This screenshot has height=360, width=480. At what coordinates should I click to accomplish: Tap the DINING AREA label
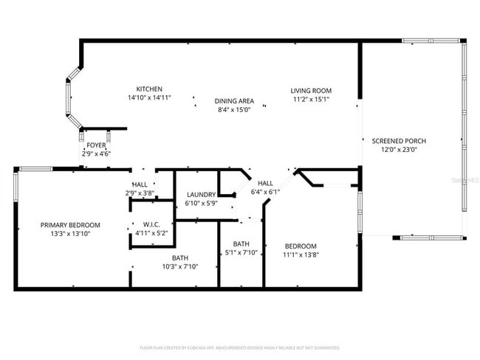[x=234, y=101]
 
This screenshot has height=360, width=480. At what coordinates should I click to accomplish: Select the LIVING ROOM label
[x=310, y=90]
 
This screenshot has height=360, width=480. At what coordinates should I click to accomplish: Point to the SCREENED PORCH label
[x=399, y=141]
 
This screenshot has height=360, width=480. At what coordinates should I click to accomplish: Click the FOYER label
[x=96, y=145]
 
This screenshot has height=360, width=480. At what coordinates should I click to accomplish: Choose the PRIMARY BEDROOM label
[x=70, y=225]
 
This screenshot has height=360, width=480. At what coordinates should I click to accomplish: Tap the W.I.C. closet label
[x=151, y=225]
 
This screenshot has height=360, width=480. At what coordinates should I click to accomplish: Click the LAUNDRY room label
[x=200, y=195]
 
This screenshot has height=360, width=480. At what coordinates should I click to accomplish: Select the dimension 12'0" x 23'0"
[x=399, y=149]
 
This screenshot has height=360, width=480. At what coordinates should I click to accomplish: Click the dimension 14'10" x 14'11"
[x=149, y=97]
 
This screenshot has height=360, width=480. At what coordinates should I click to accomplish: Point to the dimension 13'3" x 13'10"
[x=70, y=233]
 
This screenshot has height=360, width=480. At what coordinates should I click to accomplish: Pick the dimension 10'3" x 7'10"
[x=180, y=266]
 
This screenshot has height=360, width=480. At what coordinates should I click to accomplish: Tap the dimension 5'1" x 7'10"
[x=241, y=252]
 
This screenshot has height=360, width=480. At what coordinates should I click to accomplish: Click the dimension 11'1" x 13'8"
[x=301, y=255]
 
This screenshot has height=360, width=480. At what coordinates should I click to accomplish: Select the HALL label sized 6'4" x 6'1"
[x=265, y=183]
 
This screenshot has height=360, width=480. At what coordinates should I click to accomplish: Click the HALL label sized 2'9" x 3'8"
[x=140, y=184]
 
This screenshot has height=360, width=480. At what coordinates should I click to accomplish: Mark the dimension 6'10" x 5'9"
[x=200, y=203]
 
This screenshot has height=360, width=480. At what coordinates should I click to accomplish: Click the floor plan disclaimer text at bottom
[x=240, y=347]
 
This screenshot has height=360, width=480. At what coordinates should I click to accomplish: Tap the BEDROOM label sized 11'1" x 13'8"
[x=301, y=246]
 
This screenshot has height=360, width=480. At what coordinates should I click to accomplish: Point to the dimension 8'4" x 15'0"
[x=234, y=109]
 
